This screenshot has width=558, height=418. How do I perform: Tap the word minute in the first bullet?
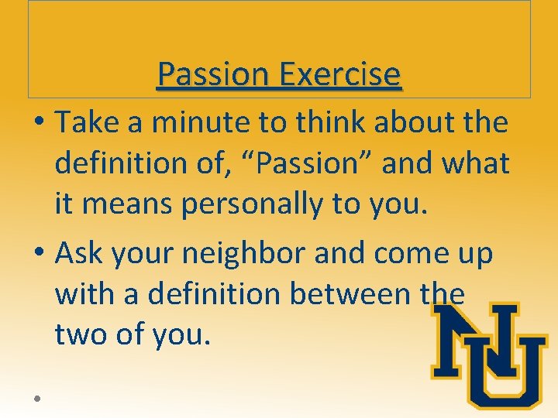(x=179, y=122)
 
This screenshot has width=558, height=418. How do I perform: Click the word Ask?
(x=80, y=253)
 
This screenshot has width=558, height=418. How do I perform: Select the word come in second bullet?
(x=397, y=253)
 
